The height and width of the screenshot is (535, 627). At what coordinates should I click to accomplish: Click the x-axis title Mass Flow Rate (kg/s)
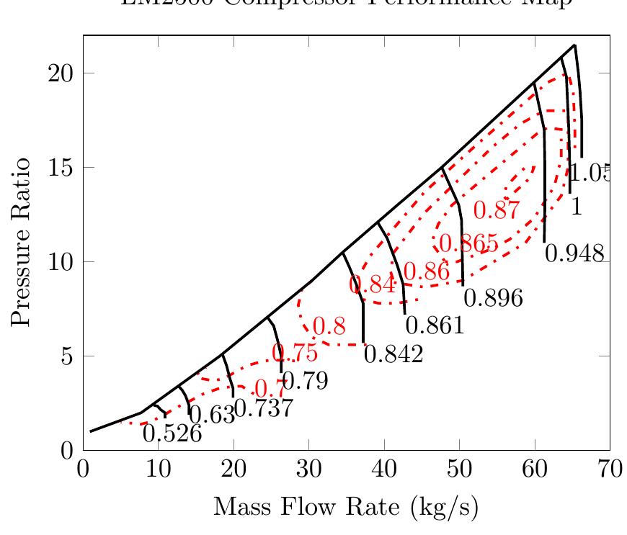(346, 508)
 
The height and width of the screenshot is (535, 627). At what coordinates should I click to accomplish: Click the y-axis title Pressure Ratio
(22, 242)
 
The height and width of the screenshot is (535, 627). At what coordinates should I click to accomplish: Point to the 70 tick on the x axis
(610, 470)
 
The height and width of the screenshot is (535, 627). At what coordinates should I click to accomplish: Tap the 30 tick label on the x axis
(309, 470)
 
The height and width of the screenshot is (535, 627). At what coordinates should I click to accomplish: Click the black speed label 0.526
(171, 433)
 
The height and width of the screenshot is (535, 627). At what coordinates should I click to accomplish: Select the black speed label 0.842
(393, 355)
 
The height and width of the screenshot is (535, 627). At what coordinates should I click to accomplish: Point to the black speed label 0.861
(435, 326)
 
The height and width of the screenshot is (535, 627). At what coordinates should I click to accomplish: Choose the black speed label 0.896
(493, 298)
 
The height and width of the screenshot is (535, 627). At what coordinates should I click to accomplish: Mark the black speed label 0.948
(574, 253)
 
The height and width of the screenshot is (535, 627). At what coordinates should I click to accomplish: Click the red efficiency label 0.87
(497, 211)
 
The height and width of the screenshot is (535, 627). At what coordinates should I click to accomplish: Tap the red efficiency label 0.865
(468, 244)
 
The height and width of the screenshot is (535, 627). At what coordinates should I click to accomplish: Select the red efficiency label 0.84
(373, 284)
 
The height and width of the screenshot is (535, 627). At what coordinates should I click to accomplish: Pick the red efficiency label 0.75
(294, 353)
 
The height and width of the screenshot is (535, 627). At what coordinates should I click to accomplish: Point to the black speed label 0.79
(305, 381)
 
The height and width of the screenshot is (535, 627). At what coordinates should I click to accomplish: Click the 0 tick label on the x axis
(84, 470)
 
